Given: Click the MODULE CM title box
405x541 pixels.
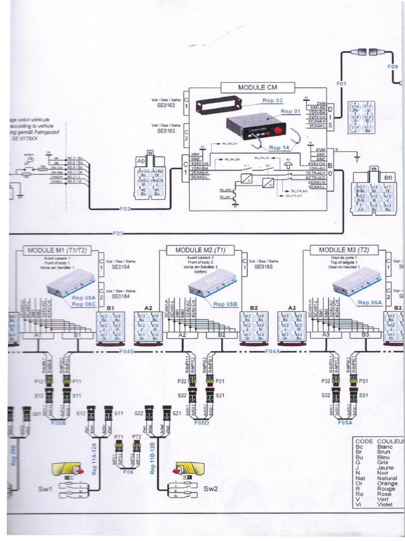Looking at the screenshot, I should point(258,87).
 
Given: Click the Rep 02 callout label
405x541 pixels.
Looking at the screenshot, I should point(273,100).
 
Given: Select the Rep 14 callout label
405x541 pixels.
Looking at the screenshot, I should point(279,148).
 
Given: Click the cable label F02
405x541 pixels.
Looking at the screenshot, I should point(125,209).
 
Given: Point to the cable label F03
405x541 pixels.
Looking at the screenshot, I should point(118,233).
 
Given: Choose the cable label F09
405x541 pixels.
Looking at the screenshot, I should point(393,67).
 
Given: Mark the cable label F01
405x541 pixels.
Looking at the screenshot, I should point(342,83).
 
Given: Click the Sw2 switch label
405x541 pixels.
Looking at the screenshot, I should point(210,489).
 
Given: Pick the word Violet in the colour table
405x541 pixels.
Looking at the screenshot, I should point(385,505).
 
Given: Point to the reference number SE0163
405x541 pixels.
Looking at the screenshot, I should point(166,130).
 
